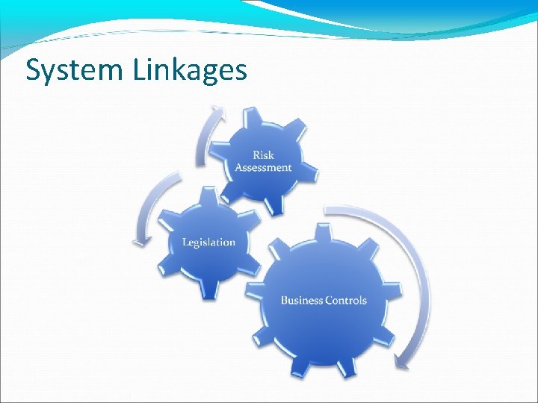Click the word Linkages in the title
[191, 69]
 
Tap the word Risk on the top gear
[263, 154]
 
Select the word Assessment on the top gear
[263, 167]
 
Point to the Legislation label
[208, 242]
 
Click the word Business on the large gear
[302, 300]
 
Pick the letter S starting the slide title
[34, 69]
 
